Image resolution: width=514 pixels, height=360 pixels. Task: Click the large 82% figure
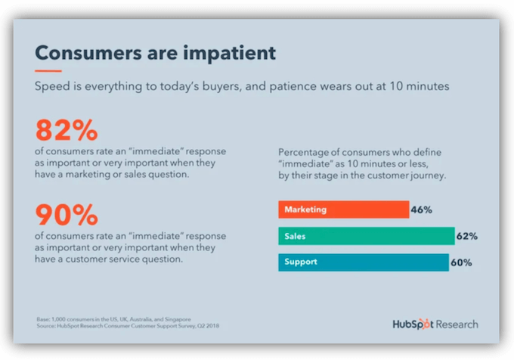coord(66,129)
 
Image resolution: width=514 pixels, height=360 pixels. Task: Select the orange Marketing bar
coord(342,209)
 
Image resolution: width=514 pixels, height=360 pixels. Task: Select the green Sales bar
coord(366,236)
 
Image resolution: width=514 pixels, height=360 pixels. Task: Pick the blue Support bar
coord(363,262)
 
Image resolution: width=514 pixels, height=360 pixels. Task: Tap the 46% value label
coord(421,209)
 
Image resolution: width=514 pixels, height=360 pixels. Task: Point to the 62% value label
coord(467,236)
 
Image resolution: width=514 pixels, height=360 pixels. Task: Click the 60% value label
coord(461,262)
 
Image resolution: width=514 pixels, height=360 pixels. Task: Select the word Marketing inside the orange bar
coord(306,209)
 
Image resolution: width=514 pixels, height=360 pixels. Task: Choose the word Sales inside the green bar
coord(296,236)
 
